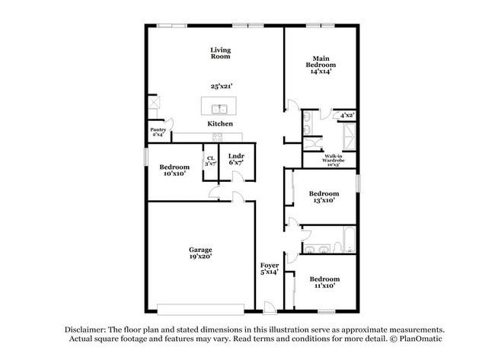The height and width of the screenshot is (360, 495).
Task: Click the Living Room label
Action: tap(220, 53)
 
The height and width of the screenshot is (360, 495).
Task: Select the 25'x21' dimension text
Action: tap(220, 86)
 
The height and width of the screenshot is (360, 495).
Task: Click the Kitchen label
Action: tap(220, 123)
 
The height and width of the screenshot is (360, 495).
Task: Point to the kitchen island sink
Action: tap(219, 108)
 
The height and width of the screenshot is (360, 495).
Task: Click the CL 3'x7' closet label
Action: tap(210, 161)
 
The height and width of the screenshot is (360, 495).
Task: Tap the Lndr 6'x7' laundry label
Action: tap(236, 160)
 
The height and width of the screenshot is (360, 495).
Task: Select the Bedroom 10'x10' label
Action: tap(174, 170)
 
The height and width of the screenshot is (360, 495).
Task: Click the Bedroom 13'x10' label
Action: tap(324, 197)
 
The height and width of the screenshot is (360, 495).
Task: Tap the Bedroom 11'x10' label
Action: tap(324, 282)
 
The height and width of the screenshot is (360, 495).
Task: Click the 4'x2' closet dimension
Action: tap(346, 115)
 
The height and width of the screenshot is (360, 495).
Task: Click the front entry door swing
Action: tap(269, 305)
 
